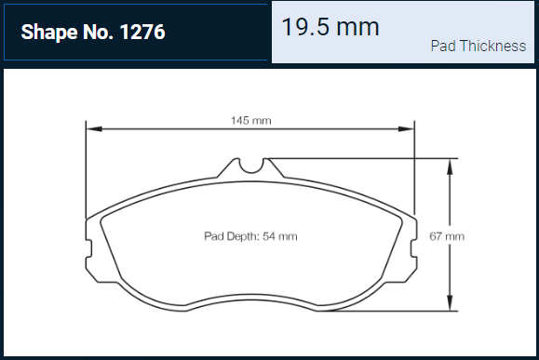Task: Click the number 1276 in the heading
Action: (142, 32)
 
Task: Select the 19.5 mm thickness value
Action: (330, 27)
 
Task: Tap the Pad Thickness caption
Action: (478, 46)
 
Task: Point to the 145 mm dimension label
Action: (251, 121)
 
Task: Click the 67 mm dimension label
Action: (447, 236)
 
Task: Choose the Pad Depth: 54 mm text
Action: (250, 236)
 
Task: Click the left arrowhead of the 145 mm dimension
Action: (94, 128)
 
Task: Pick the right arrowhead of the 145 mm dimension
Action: (406, 128)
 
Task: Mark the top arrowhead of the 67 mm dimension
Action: (450, 167)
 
